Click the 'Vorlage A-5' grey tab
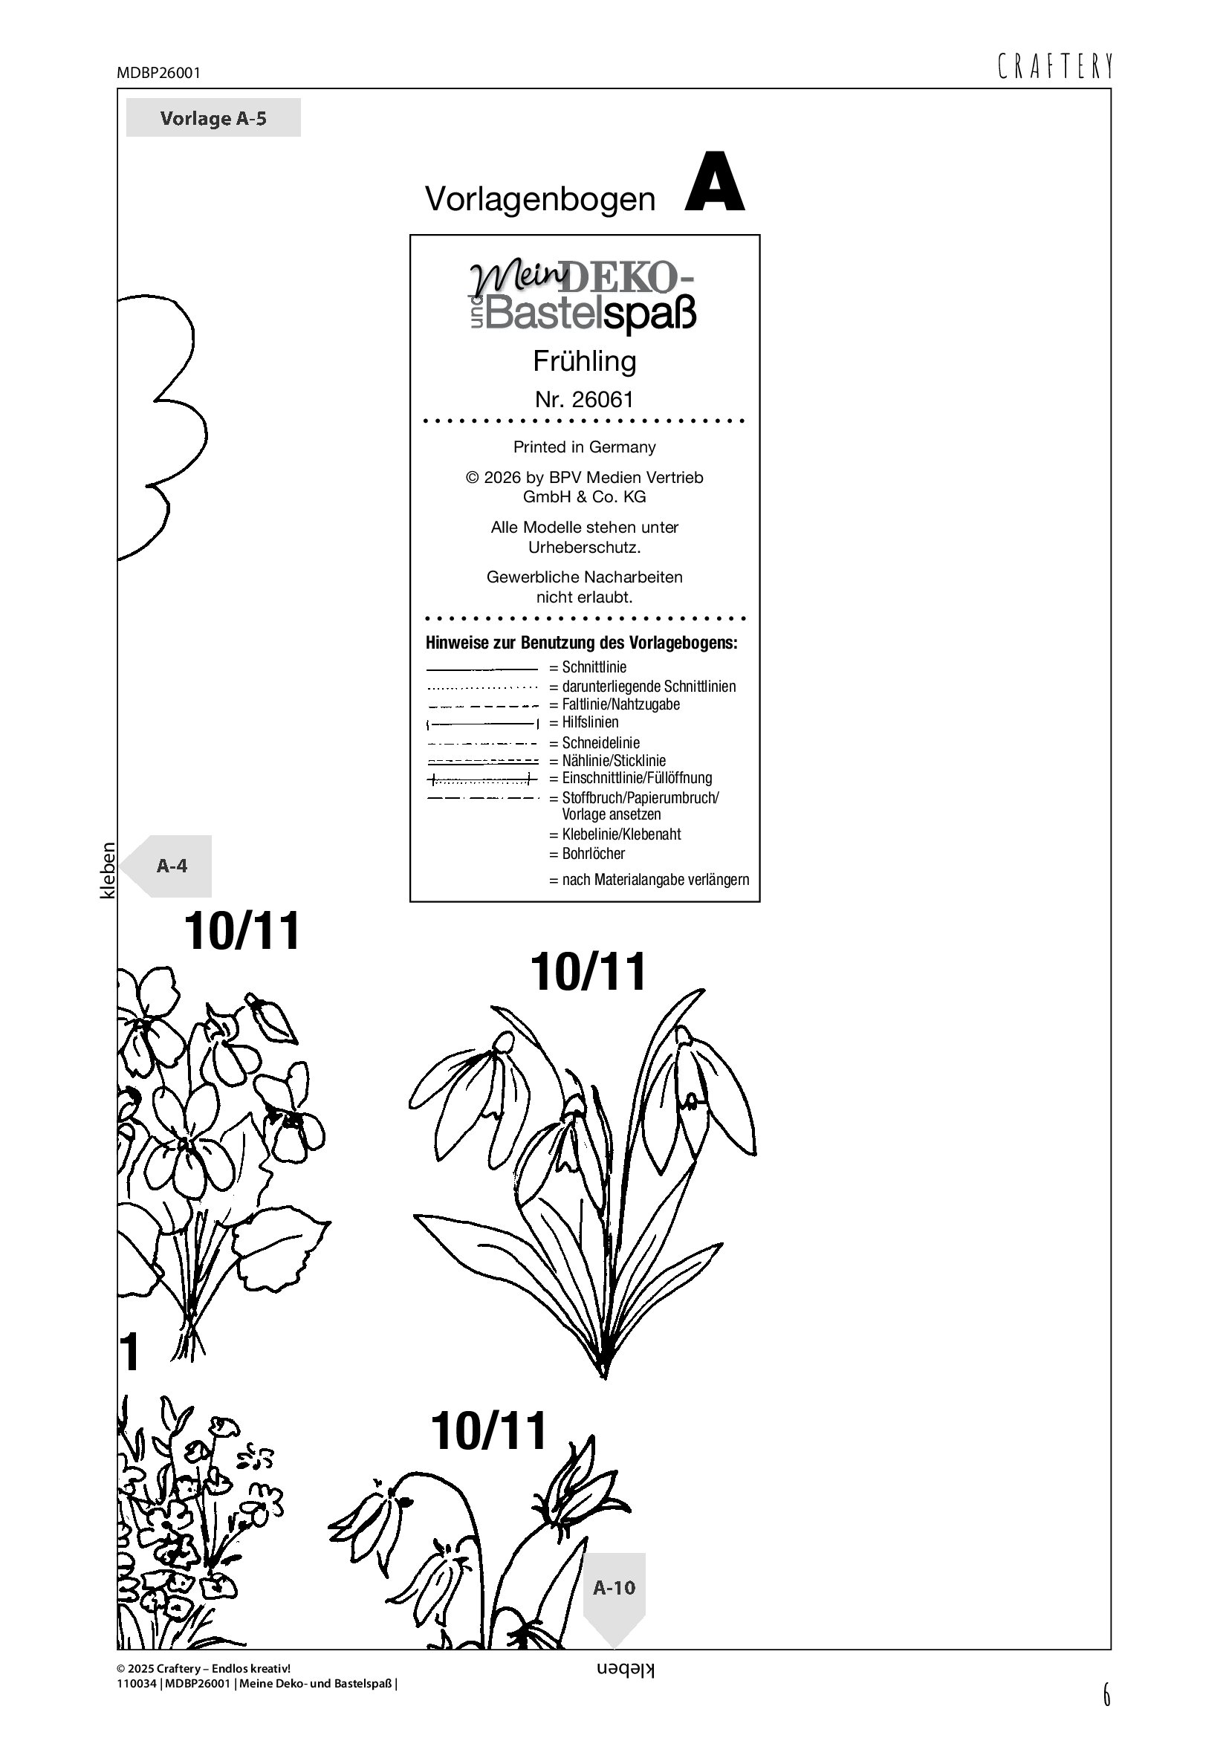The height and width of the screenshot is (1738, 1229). click(213, 117)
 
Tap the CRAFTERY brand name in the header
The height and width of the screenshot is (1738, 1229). click(1055, 67)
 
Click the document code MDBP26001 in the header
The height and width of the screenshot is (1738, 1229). click(159, 73)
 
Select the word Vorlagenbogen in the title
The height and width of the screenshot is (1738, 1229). click(540, 199)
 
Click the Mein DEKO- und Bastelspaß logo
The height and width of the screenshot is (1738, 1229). click(583, 296)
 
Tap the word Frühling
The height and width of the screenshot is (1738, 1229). click(584, 361)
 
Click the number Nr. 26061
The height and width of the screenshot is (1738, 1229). click(584, 399)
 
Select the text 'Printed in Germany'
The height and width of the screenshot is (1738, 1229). click(584, 447)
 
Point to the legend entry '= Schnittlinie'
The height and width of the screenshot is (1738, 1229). click(588, 667)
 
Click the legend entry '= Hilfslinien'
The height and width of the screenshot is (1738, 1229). click(584, 722)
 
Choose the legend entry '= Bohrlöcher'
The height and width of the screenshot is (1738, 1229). click(587, 853)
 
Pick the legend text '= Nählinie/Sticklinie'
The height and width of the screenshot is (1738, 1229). click(608, 760)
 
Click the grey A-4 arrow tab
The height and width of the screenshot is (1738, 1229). click(166, 866)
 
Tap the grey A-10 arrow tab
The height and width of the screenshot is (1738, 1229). click(614, 1600)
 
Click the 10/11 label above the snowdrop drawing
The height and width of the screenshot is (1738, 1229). click(588, 971)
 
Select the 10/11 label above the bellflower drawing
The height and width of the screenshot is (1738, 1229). click(488, 1430)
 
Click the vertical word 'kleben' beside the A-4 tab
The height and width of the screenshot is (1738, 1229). click(108, 871)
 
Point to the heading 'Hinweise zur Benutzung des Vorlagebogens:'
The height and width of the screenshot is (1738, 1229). click(581, 643)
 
